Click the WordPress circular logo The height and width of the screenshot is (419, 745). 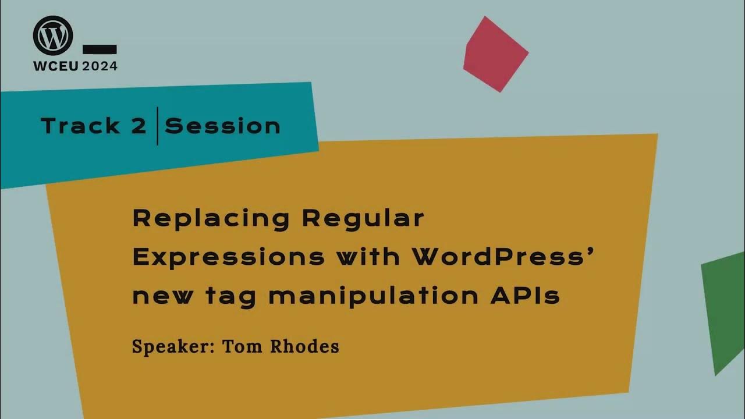(x=53, y=35)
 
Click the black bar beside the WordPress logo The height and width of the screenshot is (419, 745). (x=100, y=49)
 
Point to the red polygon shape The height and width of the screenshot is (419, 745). (x=494, y=54)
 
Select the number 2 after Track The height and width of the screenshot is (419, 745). (x=139, y=126)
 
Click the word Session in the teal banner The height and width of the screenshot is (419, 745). (x=222, y=126)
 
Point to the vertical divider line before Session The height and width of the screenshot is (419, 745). (x=157, y=126)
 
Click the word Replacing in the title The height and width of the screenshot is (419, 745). (x=211, y=219)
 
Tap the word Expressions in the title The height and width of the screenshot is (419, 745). (x=228, y=257)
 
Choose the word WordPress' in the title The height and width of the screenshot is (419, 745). (x=502, y=257)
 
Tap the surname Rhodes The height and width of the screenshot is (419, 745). (x=305, y=347)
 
